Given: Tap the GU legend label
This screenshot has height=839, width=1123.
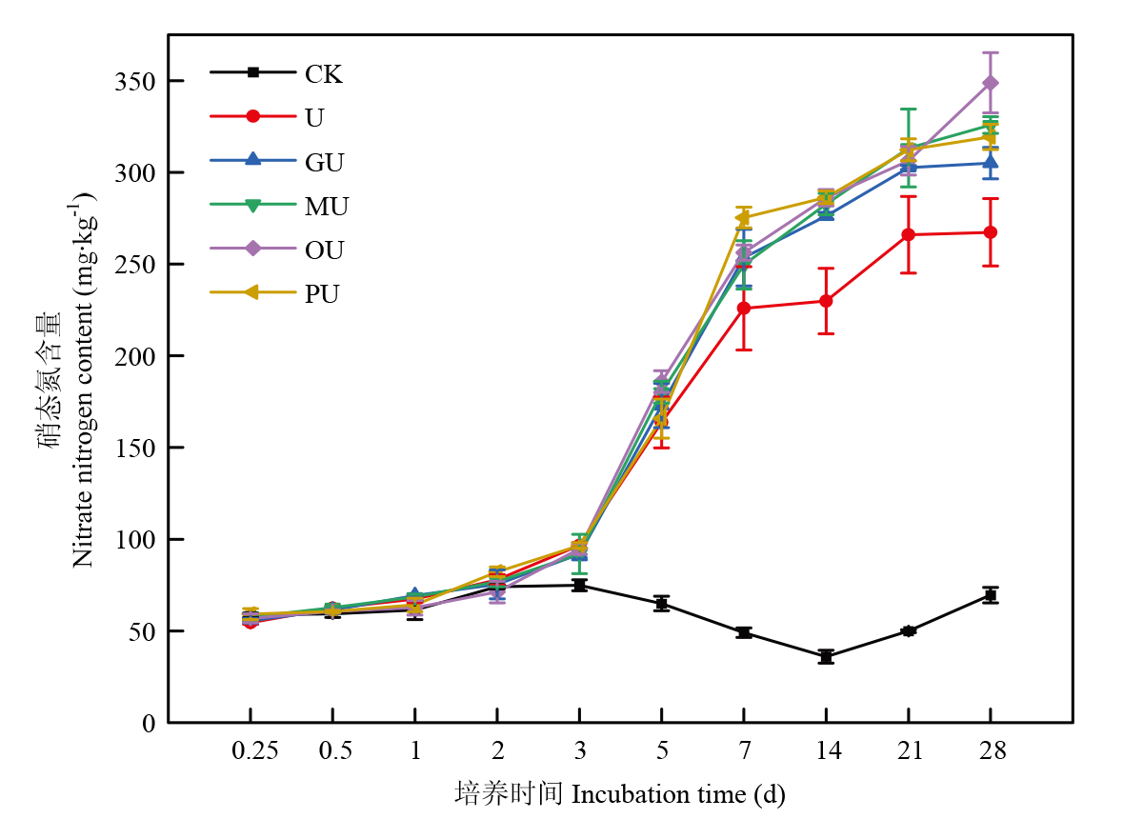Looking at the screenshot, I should pos(324,161).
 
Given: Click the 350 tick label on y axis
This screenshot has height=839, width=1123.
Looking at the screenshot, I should pos(136,82).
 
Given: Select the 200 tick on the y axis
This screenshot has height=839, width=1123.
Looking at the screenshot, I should pos(136,356).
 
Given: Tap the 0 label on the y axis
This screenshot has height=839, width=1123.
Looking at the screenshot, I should pos(148,724).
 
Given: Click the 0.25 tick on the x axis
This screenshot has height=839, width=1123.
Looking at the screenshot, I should pos(254,751).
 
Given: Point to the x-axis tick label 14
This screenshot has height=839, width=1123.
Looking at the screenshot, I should pos(827,751).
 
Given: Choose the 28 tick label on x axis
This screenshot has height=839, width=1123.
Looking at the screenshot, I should pos(991,751).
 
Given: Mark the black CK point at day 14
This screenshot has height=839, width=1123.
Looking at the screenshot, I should pos(826,657).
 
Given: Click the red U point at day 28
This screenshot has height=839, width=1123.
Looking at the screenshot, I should pos(991,232).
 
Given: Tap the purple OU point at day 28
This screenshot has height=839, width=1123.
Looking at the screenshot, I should pos(991,83).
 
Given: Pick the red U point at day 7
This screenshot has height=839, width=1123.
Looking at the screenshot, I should pos(744,309).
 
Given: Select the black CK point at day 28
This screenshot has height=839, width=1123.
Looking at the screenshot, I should pos(991,595).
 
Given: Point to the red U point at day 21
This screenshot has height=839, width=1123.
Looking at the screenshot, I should pos(909,234).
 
